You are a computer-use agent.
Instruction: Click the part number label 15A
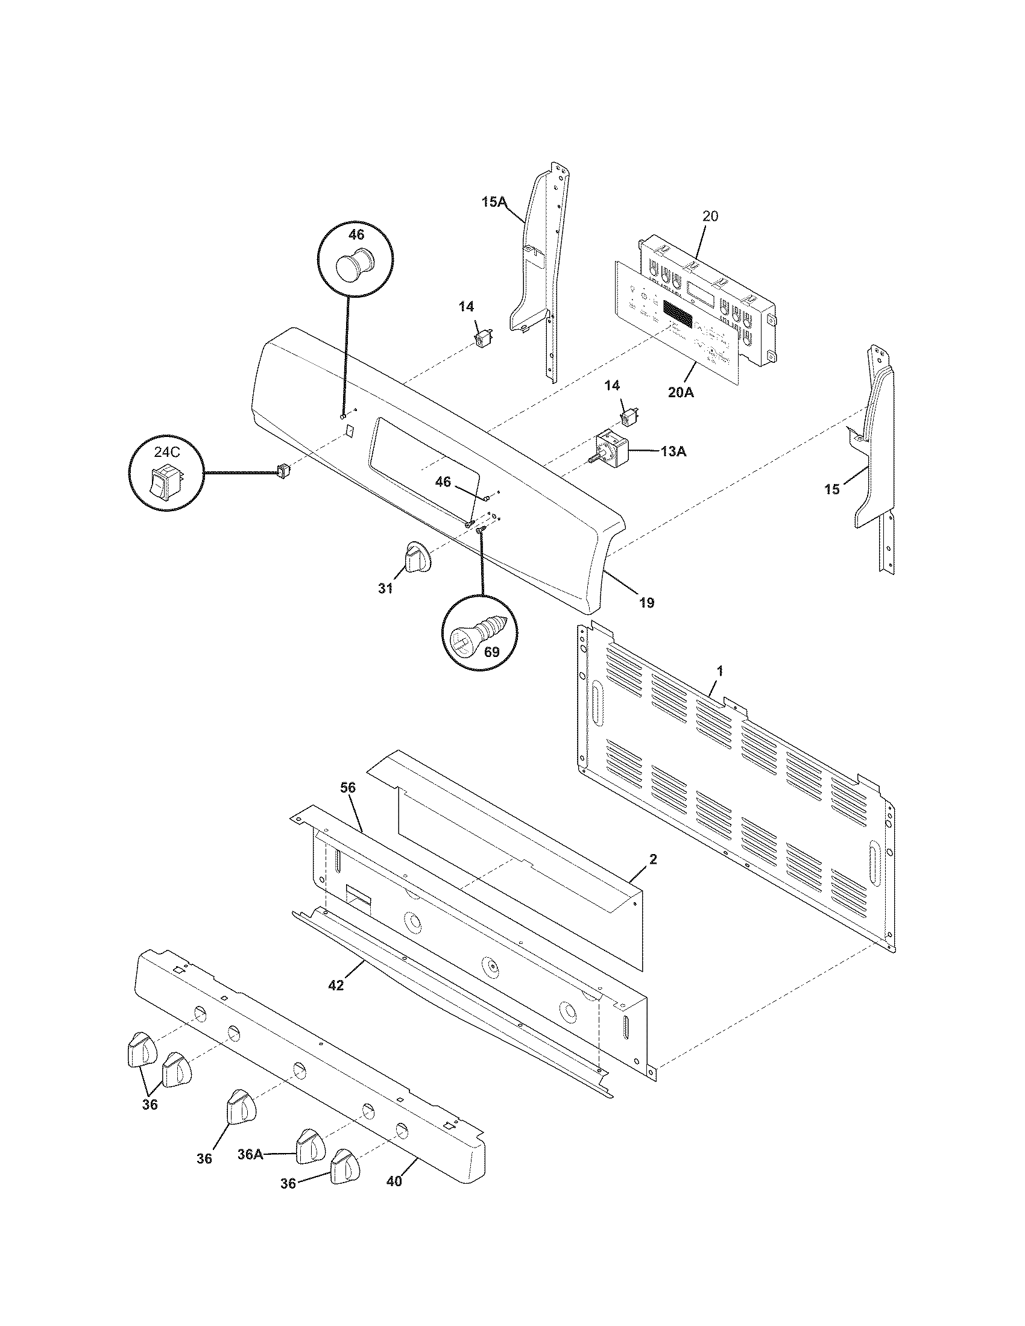click(494, 202)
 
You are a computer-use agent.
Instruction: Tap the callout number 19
click(647, 603)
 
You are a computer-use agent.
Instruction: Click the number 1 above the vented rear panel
click(719, 671)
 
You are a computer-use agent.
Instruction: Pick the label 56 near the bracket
click(348, 788)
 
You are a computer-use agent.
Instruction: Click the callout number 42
click(335, 985)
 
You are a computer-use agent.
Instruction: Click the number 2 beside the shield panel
click(653, 859)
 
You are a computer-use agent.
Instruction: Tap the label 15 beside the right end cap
click(832, 489)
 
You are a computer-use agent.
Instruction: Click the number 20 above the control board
click(710, 216)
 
